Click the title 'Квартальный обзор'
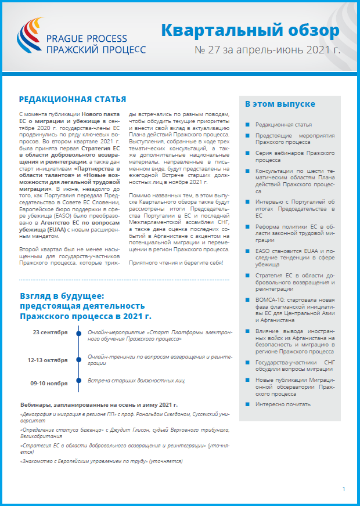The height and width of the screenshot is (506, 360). pyautogui.click(x=250, y=30)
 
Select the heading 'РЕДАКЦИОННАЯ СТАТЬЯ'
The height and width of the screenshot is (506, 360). pyautogui.click(x=73, y=100)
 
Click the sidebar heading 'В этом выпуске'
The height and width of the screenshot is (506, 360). pyautogui.click(x=280, y=104)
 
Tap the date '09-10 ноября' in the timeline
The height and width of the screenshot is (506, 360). pyautogui.click(x=49, y=383)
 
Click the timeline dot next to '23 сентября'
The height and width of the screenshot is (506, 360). pyautogui.click(x=79, y=332)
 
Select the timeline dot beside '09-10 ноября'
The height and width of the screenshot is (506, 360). pyautogui.click(x=79, y=384)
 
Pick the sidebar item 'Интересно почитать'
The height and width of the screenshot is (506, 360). pyautogui.click(x=283, y=404)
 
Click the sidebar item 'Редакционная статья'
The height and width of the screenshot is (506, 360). pyautogui.click(x=283, y=125)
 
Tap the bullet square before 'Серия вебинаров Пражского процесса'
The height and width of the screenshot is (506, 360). pyautogui.click(x=248, y=152)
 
